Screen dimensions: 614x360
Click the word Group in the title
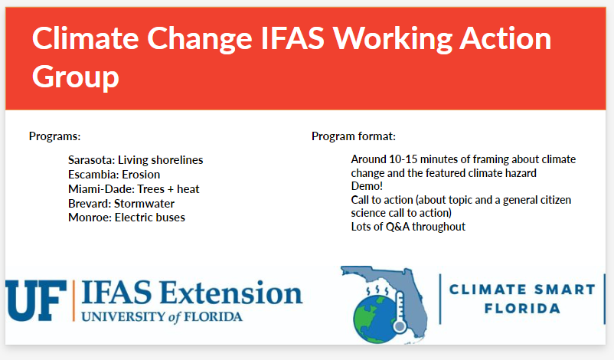(76, 77)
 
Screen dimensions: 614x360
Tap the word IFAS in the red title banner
(292, 38)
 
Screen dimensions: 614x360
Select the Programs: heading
(55, 136)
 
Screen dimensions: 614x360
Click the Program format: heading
(354, 136)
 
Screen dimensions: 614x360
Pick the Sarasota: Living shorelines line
(136, 160)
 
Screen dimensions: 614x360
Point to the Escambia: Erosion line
(114, 175)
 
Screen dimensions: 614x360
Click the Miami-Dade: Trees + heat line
(133, 189)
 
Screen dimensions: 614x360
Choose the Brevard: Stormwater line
(122, 204)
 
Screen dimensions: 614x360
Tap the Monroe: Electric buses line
(126, 218)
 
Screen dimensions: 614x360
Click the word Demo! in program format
(367, 186)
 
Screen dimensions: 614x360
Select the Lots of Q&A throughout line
(408, 227)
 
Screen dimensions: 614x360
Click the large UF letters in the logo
(36, 301)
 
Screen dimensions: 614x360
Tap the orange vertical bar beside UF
(73, 301)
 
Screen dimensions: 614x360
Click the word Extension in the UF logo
(231, 293)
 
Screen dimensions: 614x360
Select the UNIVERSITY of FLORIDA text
(162, 316)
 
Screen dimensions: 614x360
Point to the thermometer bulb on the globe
(400, 326)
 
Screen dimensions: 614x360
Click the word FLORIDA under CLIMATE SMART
(522, 308)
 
